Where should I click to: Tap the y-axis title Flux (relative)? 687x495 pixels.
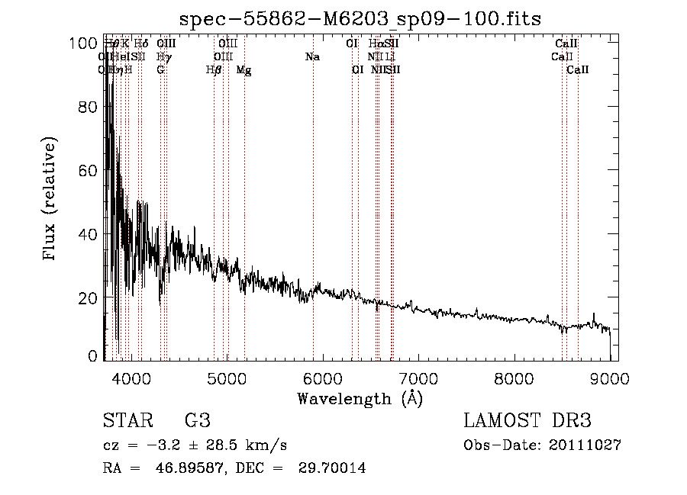tap(51, 200)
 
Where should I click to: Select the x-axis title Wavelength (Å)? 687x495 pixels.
tap(360, 398)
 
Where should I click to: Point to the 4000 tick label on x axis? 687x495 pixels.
tap(131, 378)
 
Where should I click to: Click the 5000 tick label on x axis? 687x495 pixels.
tap(227, 378)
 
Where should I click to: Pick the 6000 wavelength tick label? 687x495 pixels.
tap(324, 378)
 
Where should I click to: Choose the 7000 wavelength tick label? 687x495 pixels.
tap(419, 378)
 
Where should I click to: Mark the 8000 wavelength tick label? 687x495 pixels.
tap(514, 378)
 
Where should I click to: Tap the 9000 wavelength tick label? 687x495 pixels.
tap(610, 378)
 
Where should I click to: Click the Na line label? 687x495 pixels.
tap(311, 57)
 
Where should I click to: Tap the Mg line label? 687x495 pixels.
tap(244, 70)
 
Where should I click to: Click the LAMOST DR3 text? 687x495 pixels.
tap(527, 421)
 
